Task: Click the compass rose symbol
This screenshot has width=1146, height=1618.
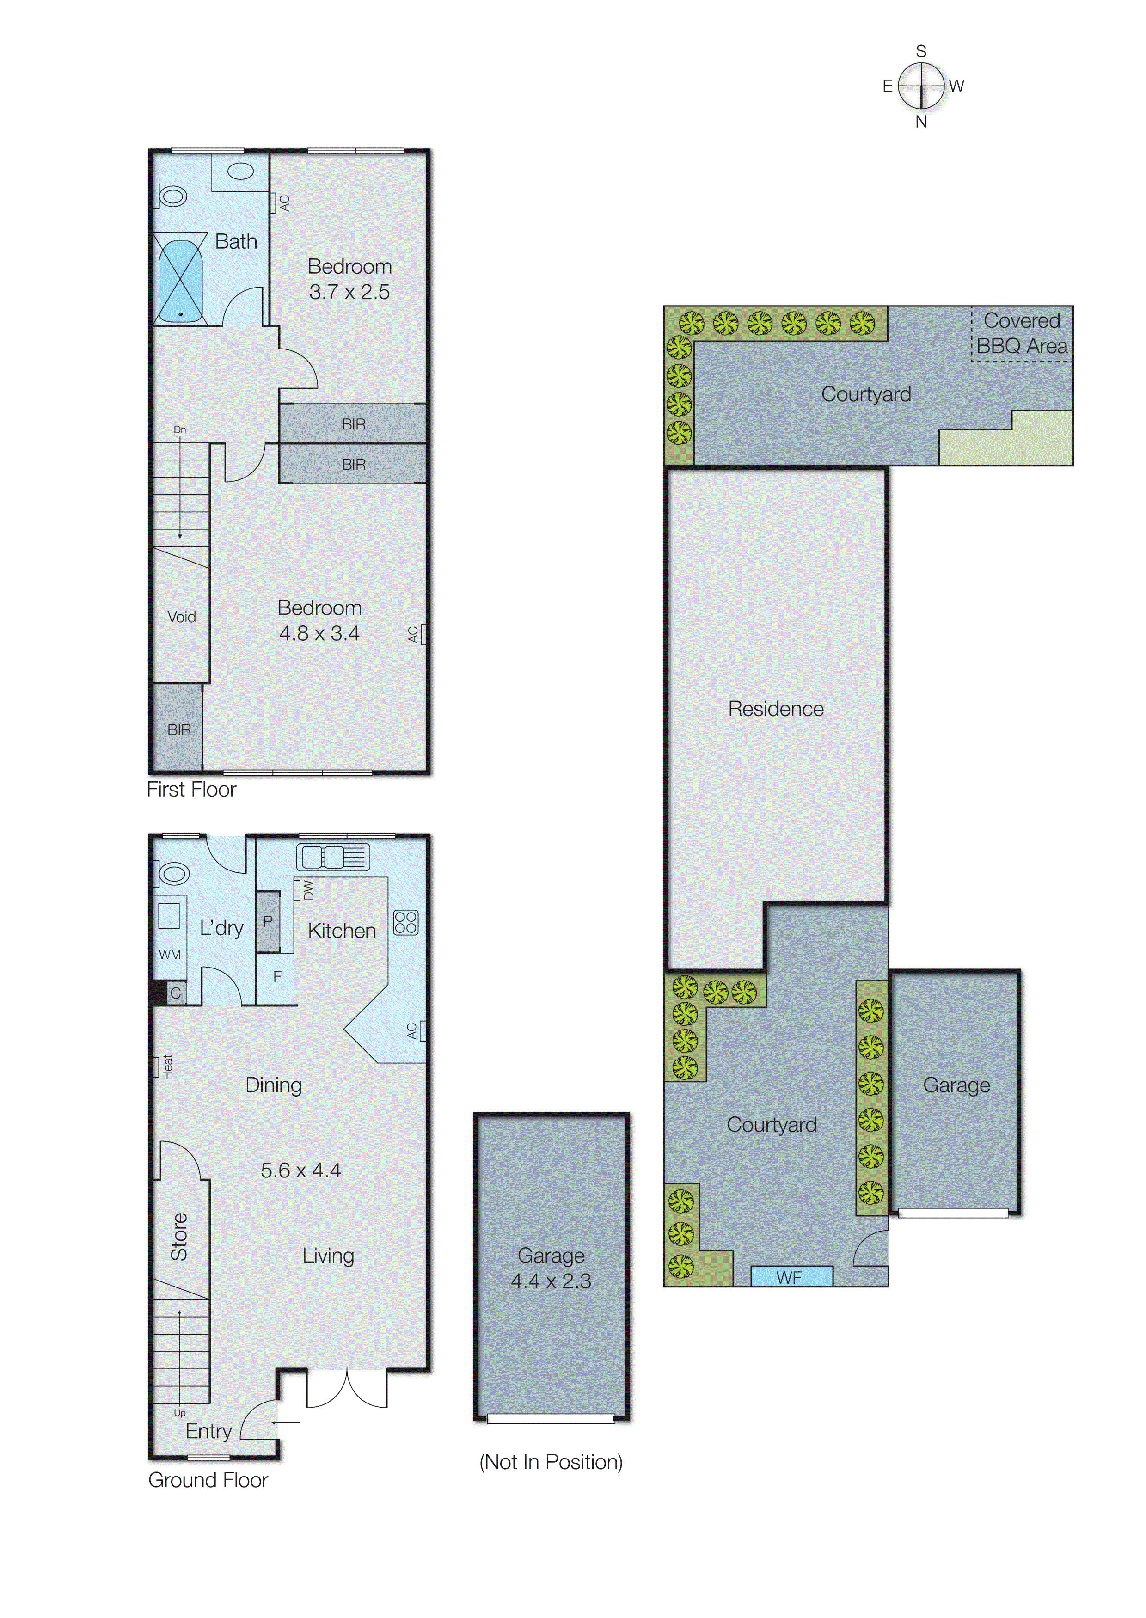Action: click(921, 86)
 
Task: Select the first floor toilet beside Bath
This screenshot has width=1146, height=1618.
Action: click(172, 196)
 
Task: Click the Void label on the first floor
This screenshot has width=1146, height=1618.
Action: click(181, 617)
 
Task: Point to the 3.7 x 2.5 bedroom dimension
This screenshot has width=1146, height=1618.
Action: click(349, 292)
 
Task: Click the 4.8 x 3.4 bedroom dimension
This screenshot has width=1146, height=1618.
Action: click(319, 634)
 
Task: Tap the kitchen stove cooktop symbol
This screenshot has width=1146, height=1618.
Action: click(406, 922)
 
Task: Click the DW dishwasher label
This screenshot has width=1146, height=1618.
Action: click(308, 890)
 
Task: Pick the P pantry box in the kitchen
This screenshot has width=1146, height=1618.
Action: click(268, 921)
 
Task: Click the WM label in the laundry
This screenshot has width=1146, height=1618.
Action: click(169, 955)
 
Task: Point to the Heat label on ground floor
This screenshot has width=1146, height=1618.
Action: click(167, 1067)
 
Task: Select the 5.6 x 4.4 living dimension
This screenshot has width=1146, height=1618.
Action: click(300, 1171)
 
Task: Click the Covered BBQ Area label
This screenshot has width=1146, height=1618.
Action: click(1022, 333)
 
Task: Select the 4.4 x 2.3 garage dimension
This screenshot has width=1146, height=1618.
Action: click(551, 1281)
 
